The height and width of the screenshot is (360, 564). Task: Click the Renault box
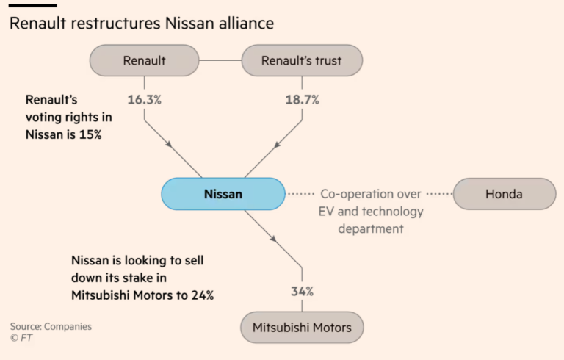pos(144,61)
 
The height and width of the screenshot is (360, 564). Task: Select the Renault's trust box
pos(303,61)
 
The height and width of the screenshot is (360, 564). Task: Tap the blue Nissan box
pos(223,195)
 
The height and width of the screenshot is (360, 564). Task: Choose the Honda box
pos(505,195)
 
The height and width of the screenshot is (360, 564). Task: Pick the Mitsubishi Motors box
pos(302,327)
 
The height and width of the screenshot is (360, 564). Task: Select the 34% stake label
pos(302,292)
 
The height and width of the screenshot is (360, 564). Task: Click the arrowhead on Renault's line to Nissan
pos(170,145)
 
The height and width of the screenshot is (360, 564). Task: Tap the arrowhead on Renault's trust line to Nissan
pos(276,145)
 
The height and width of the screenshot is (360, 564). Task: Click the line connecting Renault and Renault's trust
pos(220,61)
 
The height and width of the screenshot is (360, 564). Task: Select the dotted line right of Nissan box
pos(300,195)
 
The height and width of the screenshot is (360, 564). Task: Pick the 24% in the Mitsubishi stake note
pos(200,295)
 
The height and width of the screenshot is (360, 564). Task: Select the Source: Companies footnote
pos(51,326)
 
